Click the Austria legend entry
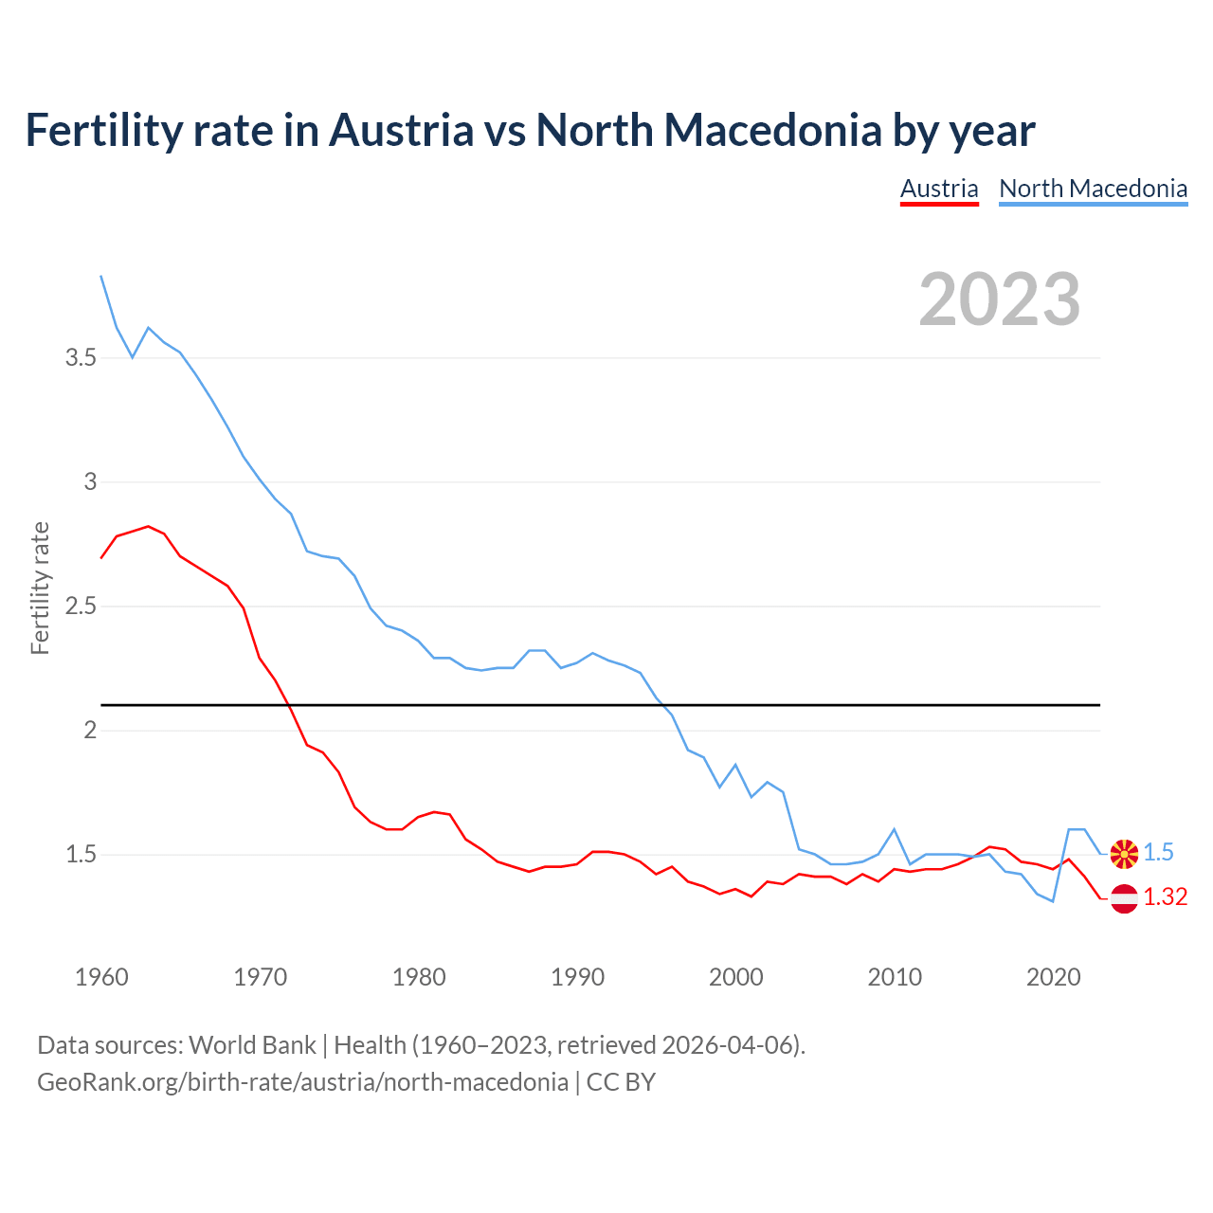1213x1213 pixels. point(938,189)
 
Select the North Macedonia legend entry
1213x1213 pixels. point(1093,189)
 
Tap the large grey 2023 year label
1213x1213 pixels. point(1000,299)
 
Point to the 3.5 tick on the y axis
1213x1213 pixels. point(81,358)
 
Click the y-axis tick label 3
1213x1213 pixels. point(90,482)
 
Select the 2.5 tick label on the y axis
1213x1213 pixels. point(81,606)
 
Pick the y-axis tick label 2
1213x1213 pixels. point(90,731)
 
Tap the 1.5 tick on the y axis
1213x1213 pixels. point(81,855)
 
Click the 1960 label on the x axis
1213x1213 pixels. point(101,977)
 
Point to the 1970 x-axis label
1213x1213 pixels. point(260,977)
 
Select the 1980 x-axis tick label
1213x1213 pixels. point(419,977)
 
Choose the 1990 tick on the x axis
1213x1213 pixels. point(577,977)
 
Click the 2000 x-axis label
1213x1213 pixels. point(735,977)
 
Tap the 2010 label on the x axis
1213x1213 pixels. point(895,977)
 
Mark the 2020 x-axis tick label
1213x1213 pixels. point(1053,977)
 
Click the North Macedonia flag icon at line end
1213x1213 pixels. point(1124,853)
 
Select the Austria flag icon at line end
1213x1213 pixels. point(1124,897)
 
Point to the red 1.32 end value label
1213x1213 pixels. point(1165,897)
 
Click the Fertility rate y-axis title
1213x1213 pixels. point(40,588)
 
